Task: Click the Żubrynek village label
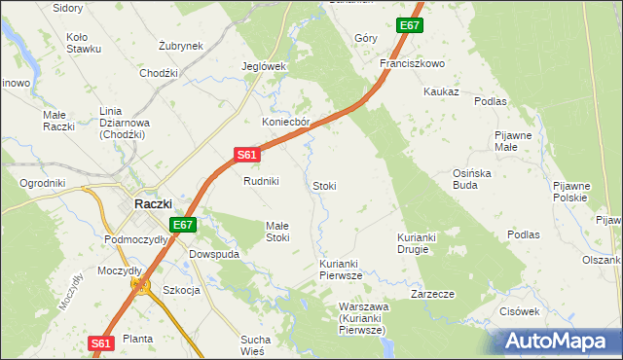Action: (180, 46)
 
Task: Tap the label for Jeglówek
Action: (263, 66)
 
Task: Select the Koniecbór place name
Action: (285, 123)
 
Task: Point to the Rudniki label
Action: (261, 181)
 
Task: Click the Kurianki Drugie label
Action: (421, 243)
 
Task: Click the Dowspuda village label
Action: (214, 254)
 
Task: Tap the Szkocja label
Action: (181, 290)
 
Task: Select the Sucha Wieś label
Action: (259, 345)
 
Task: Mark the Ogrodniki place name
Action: (42, 182)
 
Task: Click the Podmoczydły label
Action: (135, 239)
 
